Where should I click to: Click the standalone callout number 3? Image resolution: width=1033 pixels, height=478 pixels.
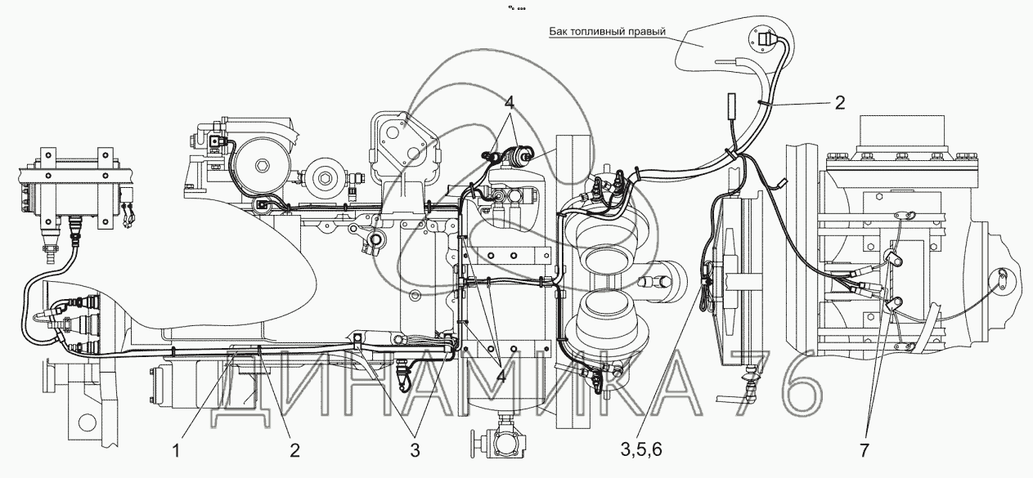coord(415,449)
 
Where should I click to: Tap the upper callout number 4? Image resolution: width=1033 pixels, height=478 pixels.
coord(509,104)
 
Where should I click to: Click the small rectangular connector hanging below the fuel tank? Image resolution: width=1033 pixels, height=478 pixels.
coord(732,105)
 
